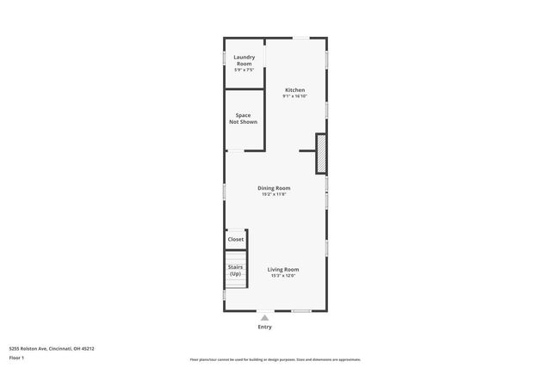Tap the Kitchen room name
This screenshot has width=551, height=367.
tap(294, 90)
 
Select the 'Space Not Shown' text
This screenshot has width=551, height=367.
tap(243, 119)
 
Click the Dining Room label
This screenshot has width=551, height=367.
tap(274, 187)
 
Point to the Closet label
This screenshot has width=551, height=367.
tap(235, 240)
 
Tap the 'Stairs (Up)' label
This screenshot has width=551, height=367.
tap(235, 270)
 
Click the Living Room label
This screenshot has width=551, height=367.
tap(283, 269)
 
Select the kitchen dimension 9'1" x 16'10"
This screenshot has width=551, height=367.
tap(294, 96)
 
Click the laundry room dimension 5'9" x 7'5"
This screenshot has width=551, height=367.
tap(245, 70)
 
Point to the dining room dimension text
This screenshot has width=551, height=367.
tap(274, 194)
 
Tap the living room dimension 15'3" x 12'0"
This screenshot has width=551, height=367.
tap(283, 276)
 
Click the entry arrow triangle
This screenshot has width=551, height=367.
tap(264, 317)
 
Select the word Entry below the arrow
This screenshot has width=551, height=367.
tap(264, 327)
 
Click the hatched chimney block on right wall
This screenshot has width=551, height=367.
tap(321, 154)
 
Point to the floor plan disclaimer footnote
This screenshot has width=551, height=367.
tap(275, 359)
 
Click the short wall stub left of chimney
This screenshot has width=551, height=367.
tap(306, 151)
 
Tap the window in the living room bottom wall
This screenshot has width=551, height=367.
tap(300, 310)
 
